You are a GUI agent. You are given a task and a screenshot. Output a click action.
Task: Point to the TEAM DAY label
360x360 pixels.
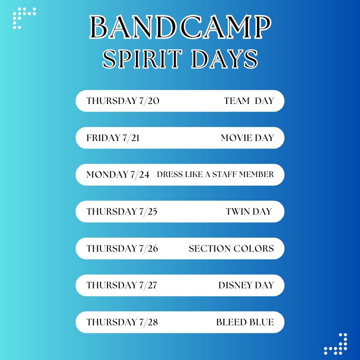tap(249, 101)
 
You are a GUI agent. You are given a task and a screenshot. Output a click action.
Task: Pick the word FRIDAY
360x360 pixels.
tap(103, 138)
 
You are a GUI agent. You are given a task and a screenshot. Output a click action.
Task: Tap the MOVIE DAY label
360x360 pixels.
tap(247, 138)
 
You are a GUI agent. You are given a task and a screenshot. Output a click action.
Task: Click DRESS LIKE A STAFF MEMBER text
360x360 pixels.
tap(215, 174)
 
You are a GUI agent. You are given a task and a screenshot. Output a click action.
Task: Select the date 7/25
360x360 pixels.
tap(147, 212)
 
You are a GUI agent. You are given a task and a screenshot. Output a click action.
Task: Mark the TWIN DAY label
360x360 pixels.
tap(249, 212)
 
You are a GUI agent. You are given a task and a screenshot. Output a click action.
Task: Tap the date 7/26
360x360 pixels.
tap(147, 249)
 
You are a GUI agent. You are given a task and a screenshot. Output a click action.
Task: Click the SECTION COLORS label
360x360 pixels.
tap(231, 249)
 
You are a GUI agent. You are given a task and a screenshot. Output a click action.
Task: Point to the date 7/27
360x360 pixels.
tap(147, 285)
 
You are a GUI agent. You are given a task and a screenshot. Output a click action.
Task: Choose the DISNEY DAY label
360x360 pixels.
tap(246, 285)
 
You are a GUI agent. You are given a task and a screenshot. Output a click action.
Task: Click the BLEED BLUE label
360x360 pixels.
tap(245, 322)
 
